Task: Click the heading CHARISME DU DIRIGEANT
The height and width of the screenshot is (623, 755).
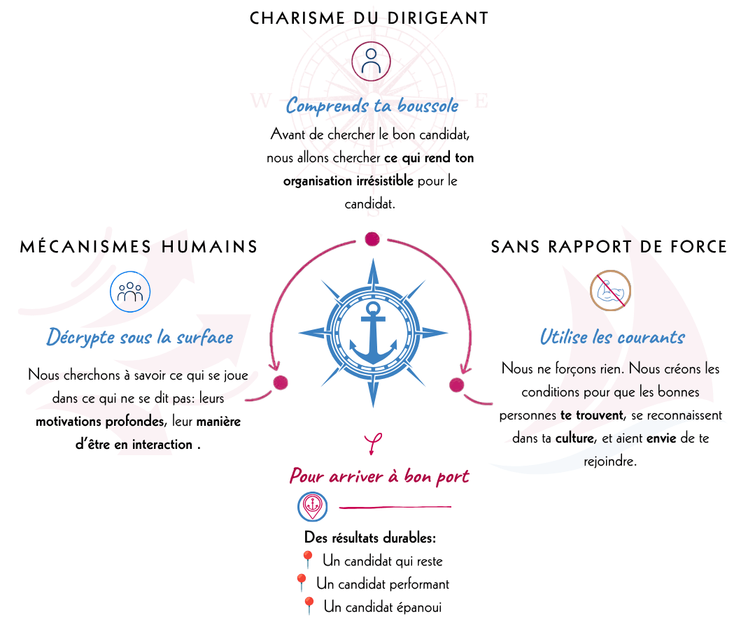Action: point(369,18)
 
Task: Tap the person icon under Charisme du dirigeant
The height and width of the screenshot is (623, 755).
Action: point(371,61)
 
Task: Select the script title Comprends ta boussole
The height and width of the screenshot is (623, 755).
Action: point(372,106)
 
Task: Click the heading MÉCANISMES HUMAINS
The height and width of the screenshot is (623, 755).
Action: point(139,246)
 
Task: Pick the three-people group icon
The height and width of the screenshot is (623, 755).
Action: point(130,292)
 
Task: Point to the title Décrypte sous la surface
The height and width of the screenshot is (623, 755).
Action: point(140,337)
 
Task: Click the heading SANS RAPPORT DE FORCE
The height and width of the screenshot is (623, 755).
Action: point(609,247)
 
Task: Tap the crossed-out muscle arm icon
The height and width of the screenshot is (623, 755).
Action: point(611,290)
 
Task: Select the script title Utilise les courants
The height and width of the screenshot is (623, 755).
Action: point(612,337)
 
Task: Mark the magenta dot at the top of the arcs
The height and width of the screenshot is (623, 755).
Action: point(372,238)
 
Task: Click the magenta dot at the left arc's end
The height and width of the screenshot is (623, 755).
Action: point(280,382)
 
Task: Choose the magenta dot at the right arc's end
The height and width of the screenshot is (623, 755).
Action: point(456,385)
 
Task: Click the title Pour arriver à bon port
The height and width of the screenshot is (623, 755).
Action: point(379,475)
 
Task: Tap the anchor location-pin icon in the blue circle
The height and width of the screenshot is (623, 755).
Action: point(313,506)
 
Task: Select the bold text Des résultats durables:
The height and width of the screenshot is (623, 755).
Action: point(369,538)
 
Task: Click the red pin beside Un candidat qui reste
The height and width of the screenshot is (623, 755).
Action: point(306,560)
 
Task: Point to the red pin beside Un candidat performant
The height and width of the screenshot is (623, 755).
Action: point(301,582)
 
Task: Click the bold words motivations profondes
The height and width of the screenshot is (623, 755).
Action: point(100,422)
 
